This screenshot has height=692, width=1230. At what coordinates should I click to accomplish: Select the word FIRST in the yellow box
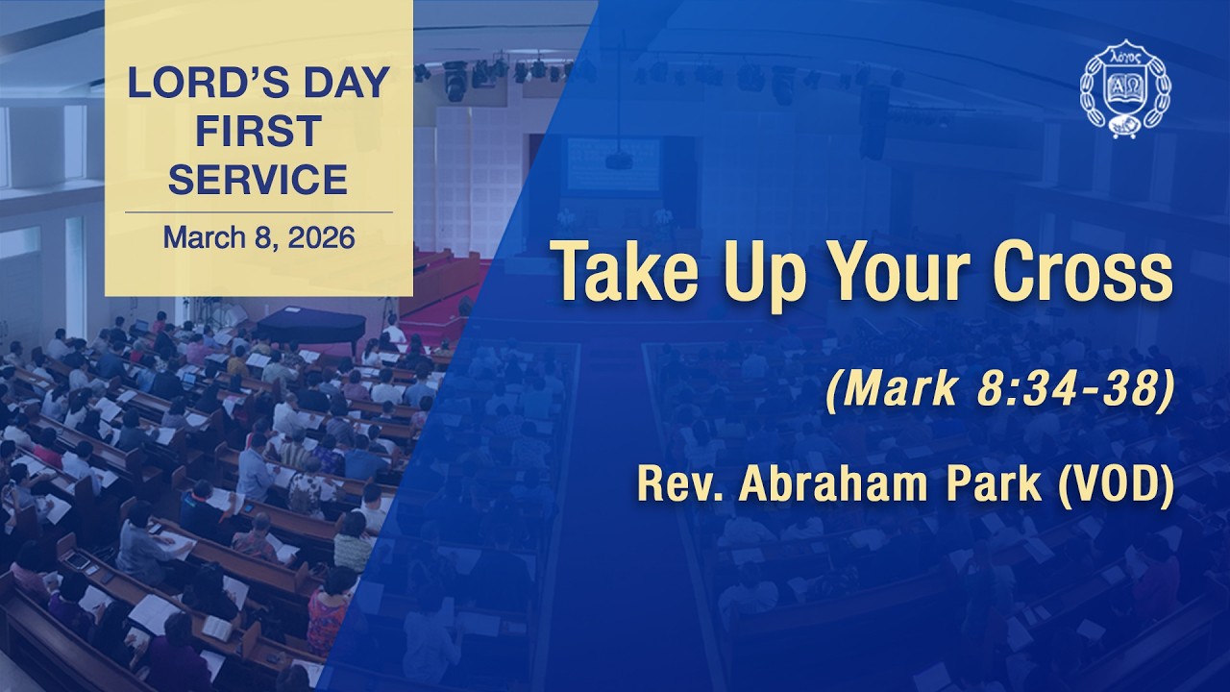pos(258,132)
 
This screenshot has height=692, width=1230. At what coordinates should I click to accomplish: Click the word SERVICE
pos(258,179)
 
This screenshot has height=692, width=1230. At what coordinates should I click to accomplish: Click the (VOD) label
pos(1115,485)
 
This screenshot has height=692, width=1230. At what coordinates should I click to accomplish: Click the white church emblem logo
pos(1125,89)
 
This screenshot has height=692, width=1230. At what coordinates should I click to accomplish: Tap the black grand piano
pos(310,327)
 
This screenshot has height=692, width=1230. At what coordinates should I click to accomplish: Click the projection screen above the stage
pos(613,163)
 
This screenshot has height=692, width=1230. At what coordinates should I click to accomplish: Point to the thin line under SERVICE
pos(258,211)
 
